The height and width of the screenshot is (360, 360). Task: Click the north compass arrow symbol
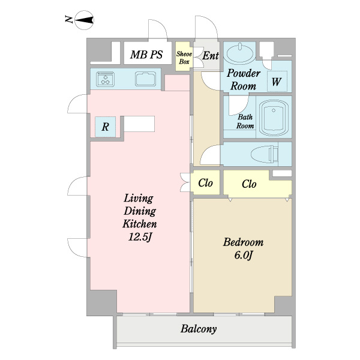pos(84,20)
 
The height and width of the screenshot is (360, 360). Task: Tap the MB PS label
pos(146,55)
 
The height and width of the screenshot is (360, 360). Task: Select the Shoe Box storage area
pos(184,56)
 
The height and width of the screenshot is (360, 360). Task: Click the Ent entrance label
pos(211,56)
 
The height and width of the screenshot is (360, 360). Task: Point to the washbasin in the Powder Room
pos(240,53)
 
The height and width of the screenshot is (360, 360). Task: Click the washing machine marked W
pos(277,82)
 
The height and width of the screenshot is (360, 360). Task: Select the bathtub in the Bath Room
pos(274,118)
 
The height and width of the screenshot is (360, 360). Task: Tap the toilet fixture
pos(265,154)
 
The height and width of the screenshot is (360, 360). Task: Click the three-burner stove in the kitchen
pos(106,79)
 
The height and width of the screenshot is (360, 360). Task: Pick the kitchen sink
pos(145,79)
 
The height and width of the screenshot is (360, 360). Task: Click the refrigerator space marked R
pos(106,127)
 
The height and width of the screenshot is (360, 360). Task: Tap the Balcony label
pos(199,329)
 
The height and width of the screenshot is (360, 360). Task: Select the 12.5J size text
pos(140,237)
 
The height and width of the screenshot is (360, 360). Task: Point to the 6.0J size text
pos(244,256)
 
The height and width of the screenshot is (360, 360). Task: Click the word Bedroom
pos(244,242)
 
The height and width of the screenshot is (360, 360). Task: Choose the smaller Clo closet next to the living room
pos(205,183)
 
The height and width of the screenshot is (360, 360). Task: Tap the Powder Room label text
pos(244,79)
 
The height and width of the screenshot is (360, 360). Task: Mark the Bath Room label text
pos(245,121)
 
